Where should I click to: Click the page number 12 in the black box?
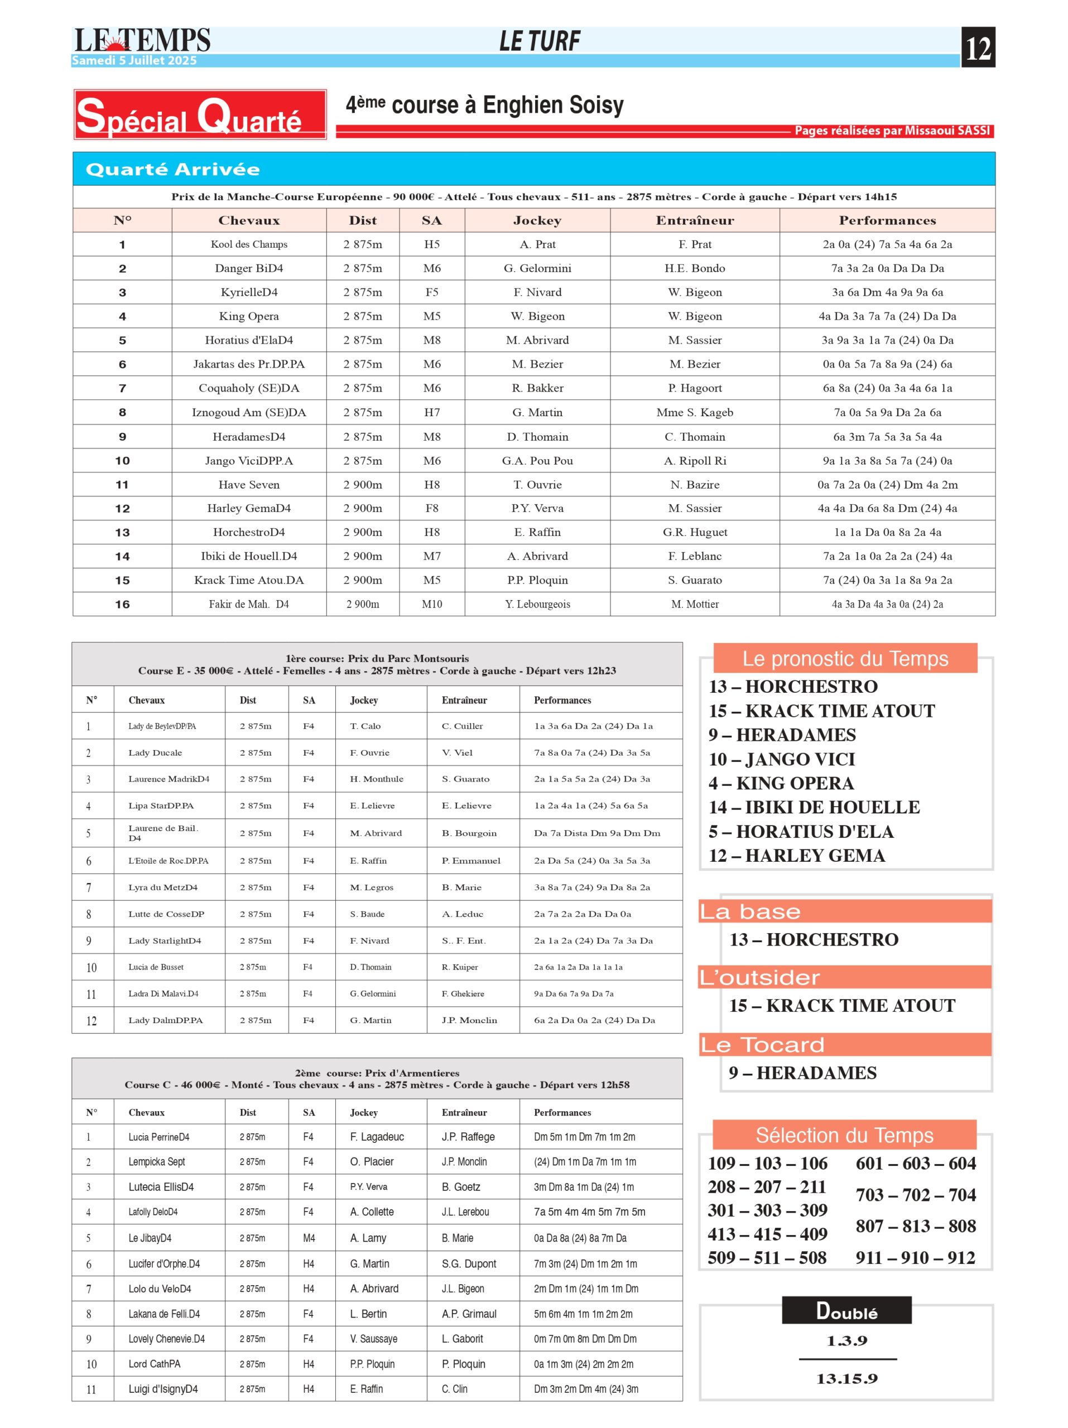977,47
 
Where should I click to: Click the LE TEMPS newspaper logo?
142,41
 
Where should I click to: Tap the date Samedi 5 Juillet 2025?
134,61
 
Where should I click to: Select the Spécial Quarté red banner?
200,114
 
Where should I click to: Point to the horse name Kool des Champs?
249,244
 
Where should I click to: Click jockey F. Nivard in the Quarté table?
537,292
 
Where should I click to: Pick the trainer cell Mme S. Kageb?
694,412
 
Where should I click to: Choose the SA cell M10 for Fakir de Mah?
431,604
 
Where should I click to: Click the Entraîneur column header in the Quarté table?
694,220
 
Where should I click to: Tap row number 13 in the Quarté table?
122,532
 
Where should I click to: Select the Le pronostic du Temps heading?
845,658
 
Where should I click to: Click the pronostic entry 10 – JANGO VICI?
781,759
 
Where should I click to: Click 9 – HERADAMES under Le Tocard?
802,1073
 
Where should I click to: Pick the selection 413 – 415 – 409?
767,1234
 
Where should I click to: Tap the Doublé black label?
846,1310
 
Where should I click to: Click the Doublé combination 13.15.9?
846,1378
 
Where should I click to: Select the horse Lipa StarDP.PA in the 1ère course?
161,805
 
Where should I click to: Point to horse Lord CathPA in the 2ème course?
155,1363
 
